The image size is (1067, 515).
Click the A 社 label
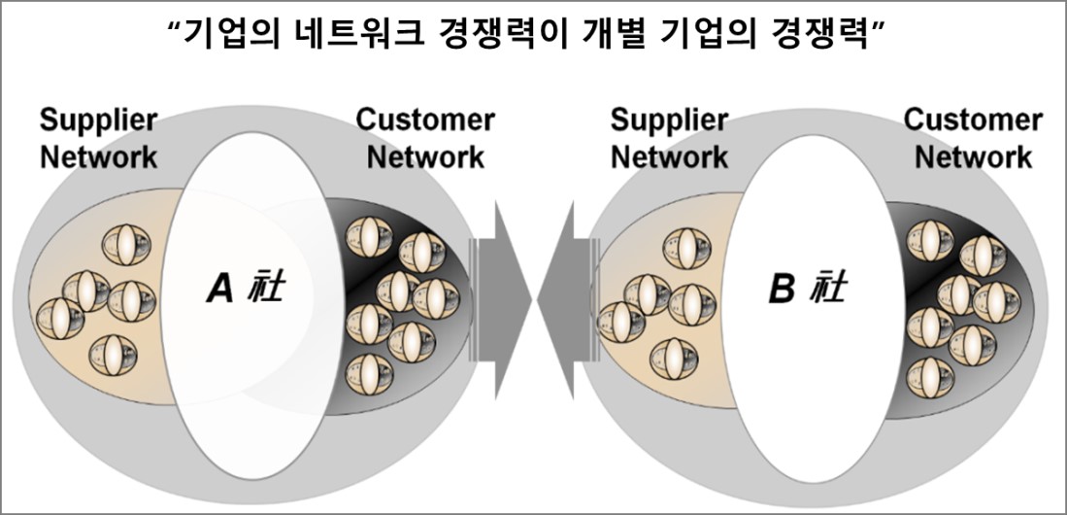point(247,289)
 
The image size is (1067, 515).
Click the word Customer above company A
point(425,121)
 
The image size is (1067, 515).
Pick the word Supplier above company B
point(669,121)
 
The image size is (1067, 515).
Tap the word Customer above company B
point(973,120)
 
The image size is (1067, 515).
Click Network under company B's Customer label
point(973,155)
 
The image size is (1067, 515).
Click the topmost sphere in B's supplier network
point(684,250)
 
